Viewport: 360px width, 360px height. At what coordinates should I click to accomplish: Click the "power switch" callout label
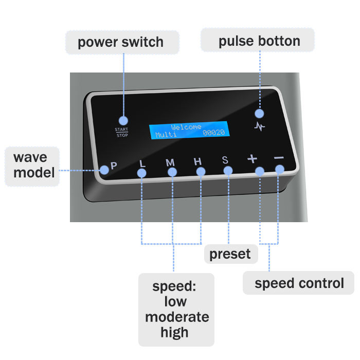pyautogui.click(x=122, y=42)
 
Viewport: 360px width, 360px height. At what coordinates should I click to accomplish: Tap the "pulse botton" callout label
pyautogui.click(x=259, y=41)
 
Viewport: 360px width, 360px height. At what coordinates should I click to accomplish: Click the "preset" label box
pyautogui.click(x=230, y=254)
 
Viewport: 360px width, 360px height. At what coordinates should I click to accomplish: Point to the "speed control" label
pyautogui.click(x=299, y=283)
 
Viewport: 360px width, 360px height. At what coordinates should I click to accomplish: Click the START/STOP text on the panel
pyautogui.click(x=121, y=132)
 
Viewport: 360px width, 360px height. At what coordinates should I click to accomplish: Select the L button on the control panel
pyautogui.click(x=142, y=164)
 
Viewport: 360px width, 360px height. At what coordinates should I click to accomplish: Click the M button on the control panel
pyautogui.click(x=170, y=163)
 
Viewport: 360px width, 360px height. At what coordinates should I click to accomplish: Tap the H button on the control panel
pyautogui.click(x=198, y=161)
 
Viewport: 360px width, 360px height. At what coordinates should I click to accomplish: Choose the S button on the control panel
pyautogui.click(x=225, y=160)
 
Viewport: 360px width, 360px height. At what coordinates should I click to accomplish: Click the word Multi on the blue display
pyautogui.click(x=166, y=135)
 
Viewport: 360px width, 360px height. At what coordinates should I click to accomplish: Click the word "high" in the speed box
pyautogui.click(x=174, y=332)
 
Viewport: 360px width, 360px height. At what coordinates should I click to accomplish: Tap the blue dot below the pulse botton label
pyautogui.click(x=259, y=112)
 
